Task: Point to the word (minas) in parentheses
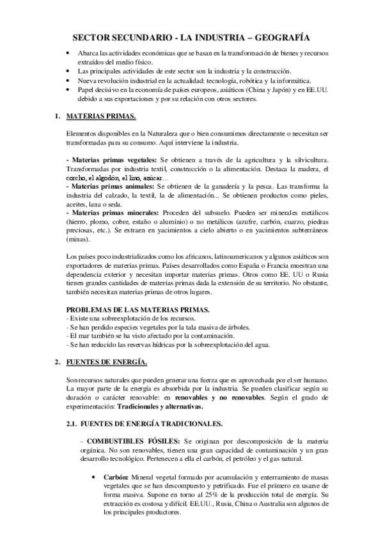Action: pos(79,238)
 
